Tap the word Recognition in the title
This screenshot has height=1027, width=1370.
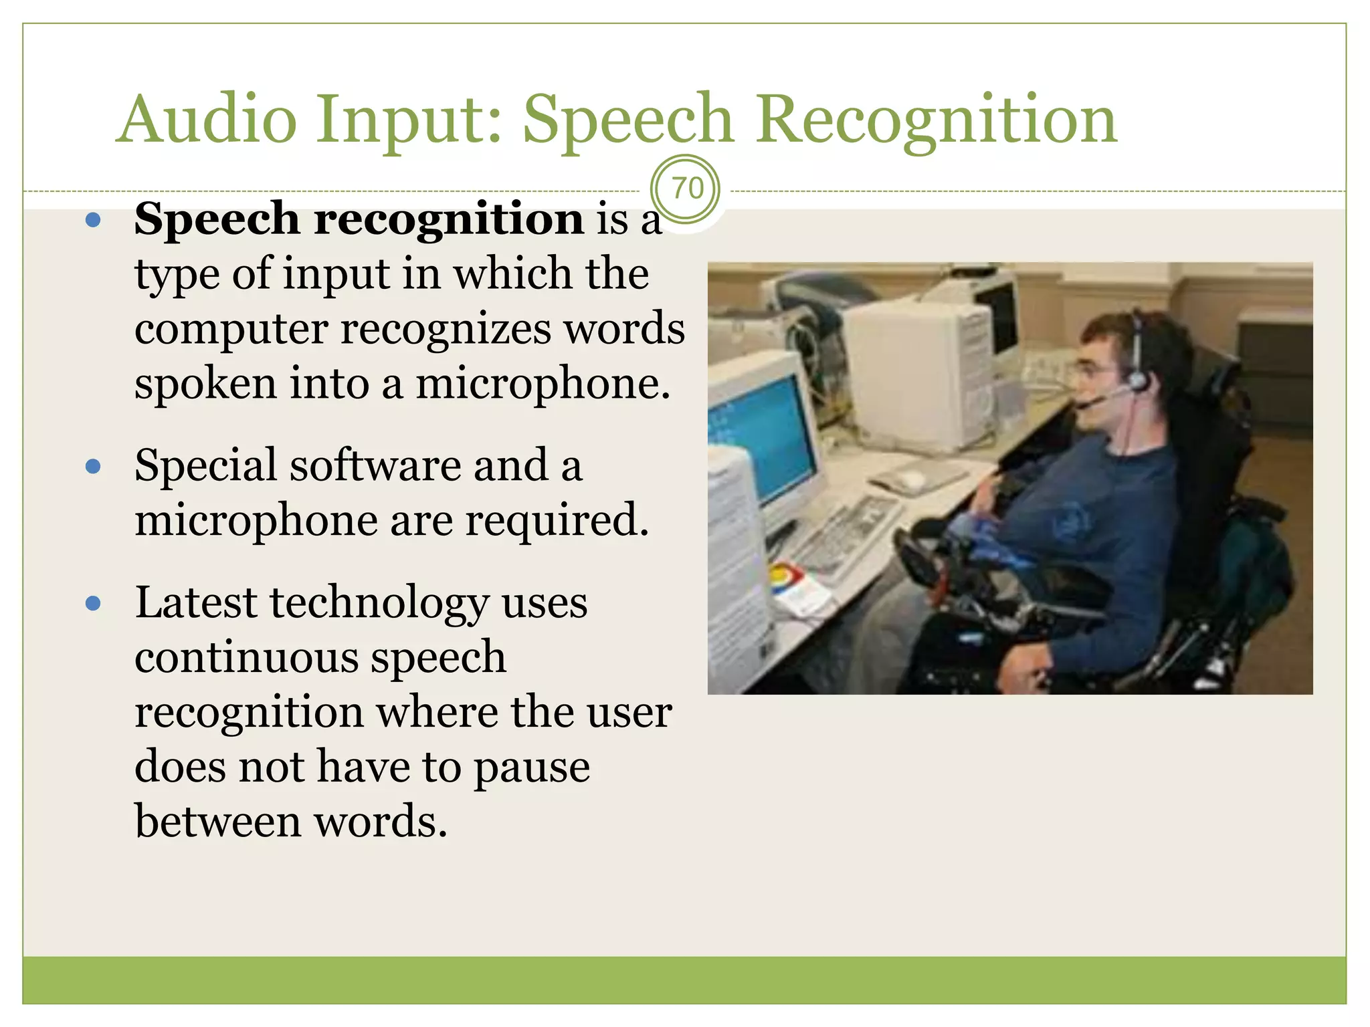click(x=937, y=120)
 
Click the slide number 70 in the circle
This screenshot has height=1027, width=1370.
click(x=687, y=189)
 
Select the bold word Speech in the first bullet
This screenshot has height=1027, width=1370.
click(x=217, y=219)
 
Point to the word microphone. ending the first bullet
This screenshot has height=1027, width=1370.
click(x=543, y=384)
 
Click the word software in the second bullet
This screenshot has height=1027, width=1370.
click(x=375, y=465)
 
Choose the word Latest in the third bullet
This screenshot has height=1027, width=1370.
click(x=195, y=602)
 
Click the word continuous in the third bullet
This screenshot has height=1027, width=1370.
click(x=246, y=657)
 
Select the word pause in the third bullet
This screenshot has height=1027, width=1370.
click(x=532, y=768)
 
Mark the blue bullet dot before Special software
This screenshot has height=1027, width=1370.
click(x=94, y=466)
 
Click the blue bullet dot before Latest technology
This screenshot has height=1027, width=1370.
click(x=94, y=604)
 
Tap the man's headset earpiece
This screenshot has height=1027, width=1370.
click(x=1137, y=381)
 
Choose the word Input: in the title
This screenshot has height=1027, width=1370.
click(x=408, y=120)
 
